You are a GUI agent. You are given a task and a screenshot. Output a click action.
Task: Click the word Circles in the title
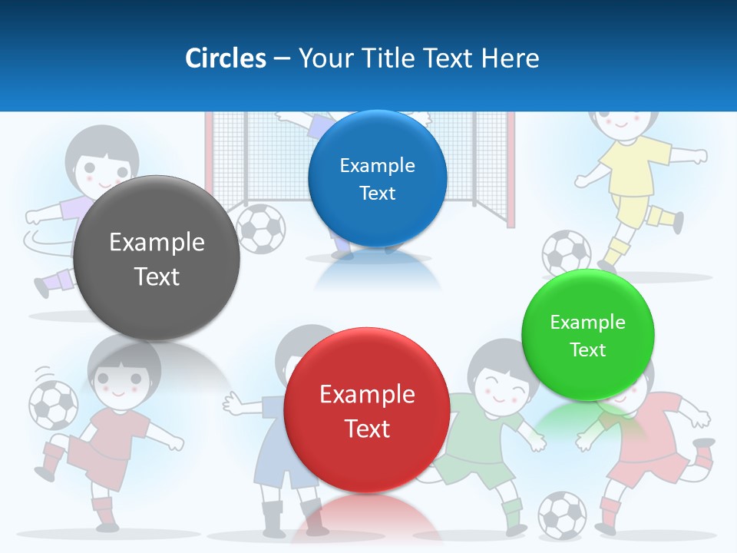tap(225, 58)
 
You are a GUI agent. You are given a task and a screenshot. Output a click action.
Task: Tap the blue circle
tap(377, 178)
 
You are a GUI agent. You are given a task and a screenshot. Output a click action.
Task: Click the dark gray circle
tap(157, 258)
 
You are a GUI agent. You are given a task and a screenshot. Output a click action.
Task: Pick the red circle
tap(366, 410)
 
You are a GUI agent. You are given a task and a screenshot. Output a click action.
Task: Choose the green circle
tap(588, 335)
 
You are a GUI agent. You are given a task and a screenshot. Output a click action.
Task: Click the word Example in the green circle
tap(587, 323)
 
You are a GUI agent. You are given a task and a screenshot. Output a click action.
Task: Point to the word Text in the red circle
tap(367, 428)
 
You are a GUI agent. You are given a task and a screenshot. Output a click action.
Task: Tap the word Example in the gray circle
tap(157, 243)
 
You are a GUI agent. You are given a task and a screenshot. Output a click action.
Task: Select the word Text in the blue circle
tap(377, 193)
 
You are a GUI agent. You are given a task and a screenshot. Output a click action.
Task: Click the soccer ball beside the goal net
tap(261, 228)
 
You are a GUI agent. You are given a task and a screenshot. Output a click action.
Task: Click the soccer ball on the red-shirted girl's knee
tap(53, 405)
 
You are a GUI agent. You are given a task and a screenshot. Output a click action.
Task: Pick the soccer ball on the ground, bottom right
tap(562, 514)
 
